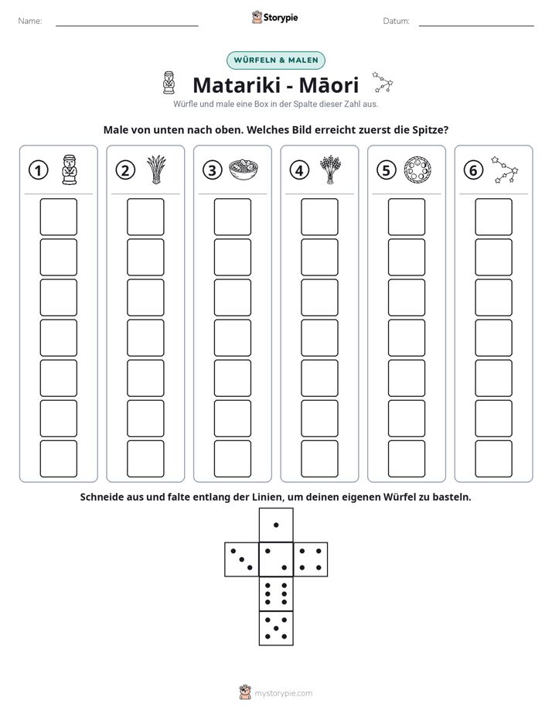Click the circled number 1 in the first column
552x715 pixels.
coord(38,170)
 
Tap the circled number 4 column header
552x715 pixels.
coord(299,170)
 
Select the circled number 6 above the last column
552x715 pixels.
coord(473,170)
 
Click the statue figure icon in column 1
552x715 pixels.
coord(70,169)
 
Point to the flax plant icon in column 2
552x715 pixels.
coord(156,169)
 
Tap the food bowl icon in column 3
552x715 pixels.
coord(244,169)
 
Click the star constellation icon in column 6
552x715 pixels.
coord(505,169)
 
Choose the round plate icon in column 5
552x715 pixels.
coord(417,169)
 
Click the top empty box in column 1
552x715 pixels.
coord(58,217)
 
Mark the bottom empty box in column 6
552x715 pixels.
coord(493,459)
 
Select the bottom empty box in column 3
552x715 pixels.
coord(232,459)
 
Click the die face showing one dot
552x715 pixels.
coord(276,525)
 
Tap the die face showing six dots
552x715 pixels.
coord(276,594)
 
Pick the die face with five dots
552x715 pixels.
coord(276,628)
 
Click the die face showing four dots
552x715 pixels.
coord(311,559)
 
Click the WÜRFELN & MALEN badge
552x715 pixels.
coord(276,60)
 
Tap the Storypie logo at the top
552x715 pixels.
coord(274,17)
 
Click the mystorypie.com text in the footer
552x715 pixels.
coord(283,693)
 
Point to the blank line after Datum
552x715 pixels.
coord(476,26)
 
